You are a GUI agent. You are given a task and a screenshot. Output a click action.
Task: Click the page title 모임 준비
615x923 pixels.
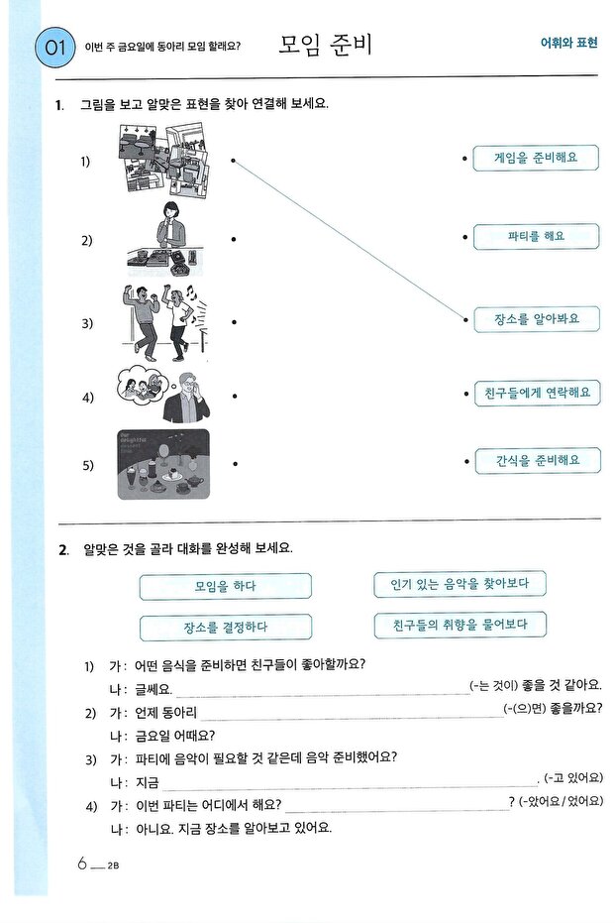click(x=325, y=45)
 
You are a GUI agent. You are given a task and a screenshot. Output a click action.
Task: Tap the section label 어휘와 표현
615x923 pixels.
click(x=568, y=45)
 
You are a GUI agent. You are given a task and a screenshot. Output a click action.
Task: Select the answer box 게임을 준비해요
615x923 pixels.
click(x=536, y=157)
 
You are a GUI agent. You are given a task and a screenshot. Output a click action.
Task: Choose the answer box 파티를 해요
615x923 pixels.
click(x=536, y=238)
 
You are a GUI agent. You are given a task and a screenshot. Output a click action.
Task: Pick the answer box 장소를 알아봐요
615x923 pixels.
click(x=536, y=319)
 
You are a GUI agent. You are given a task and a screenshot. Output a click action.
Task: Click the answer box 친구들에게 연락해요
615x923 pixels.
click(x=536, y=393)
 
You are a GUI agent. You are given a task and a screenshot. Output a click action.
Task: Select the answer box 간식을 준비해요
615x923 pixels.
click(x=536, y=461)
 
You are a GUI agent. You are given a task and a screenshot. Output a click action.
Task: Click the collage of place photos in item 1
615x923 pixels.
click(x=161, y=159)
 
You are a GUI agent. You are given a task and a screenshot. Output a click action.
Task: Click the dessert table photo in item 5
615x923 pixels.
click(x=161, y=463)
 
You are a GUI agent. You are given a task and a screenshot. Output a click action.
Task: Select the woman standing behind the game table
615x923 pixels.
click(x=169, y=225)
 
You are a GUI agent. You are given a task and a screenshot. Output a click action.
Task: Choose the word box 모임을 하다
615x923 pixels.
click(x=225, y=587)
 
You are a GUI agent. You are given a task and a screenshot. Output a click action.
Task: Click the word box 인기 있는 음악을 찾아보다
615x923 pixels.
click(x=460, y=585)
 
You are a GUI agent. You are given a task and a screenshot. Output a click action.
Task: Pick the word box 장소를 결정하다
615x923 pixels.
click(x=225, y=628)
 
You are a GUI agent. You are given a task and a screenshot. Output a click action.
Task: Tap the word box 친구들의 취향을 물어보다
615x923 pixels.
click(x=460, y=626)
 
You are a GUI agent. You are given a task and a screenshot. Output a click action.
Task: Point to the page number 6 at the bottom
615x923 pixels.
click(x=83, y=864)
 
